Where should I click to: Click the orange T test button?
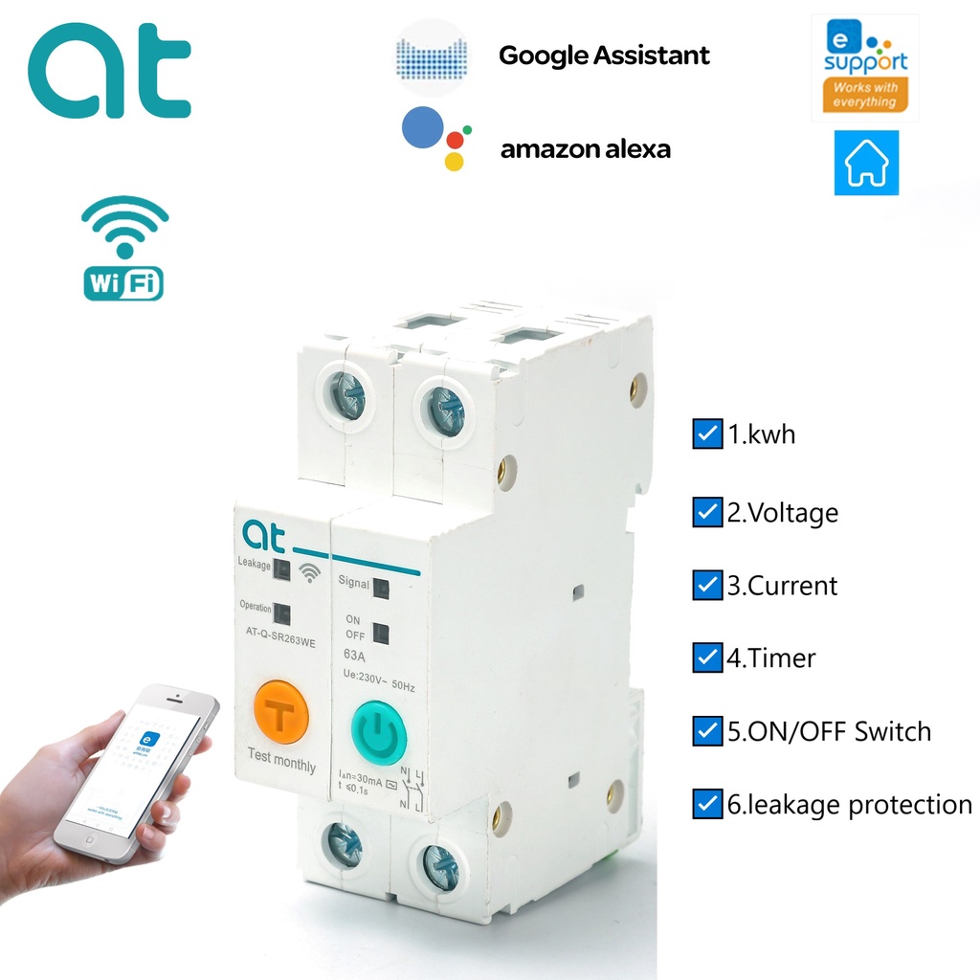point(281,713)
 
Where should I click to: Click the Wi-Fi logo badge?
point(123,248)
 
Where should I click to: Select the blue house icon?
point(866,163)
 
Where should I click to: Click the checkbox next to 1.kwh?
point(706,435)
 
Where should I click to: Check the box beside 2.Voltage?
point(706,512)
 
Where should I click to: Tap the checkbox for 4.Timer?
point(706,657)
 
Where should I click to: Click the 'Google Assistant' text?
point(604,56)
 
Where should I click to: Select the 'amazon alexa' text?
point(586,149)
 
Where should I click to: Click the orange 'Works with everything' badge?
point(864,94)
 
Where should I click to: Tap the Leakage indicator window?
point(281,570)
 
